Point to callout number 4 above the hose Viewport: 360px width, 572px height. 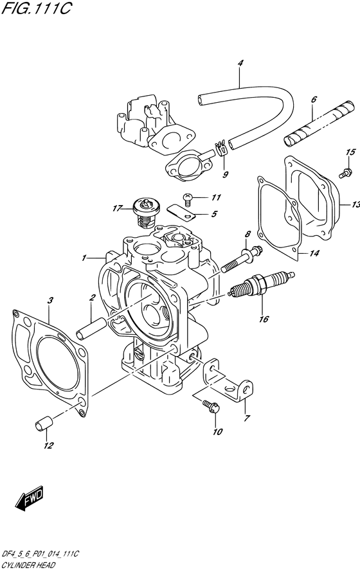coord(240,63)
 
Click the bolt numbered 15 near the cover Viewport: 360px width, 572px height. coord(328,172)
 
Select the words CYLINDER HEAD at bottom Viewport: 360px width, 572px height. coord(30,565)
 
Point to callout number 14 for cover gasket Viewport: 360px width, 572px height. coord(314,254)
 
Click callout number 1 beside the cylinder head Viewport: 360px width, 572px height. coord(84,258)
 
